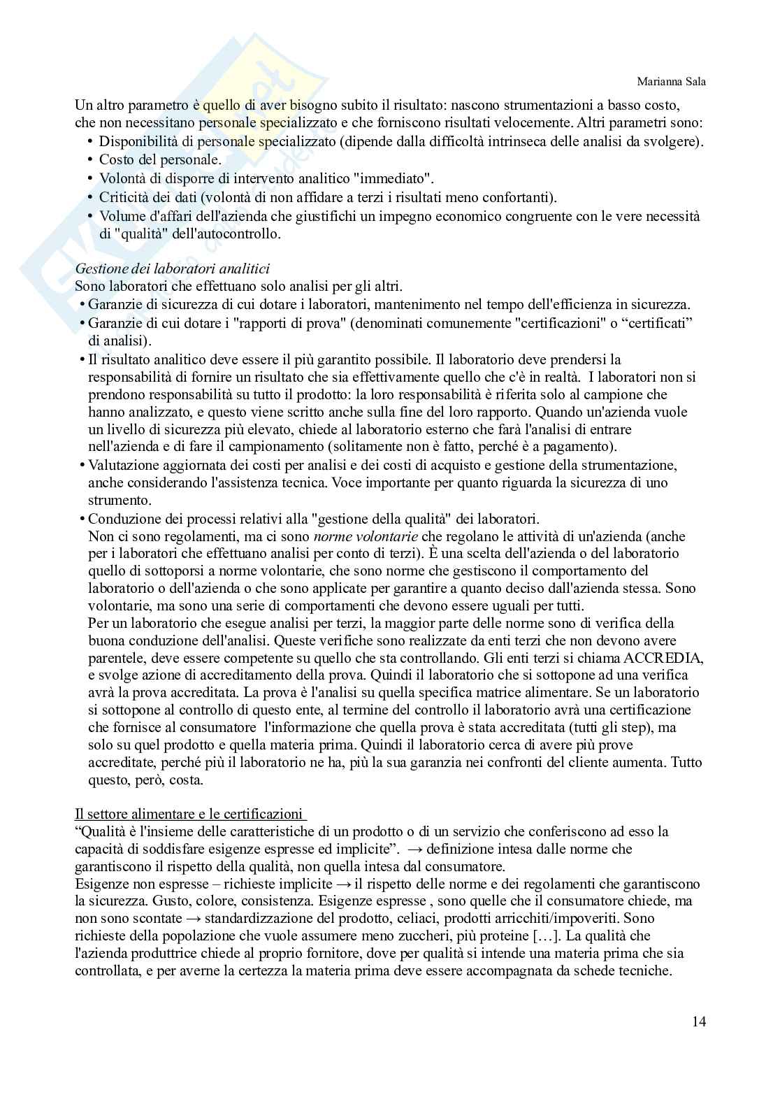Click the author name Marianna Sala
(x=672, y=82)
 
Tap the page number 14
(x=699, y=1021)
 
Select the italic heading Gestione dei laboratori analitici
(x=172, y=268)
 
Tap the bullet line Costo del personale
(x=160, y=160)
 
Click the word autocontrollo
(x=238, y=234)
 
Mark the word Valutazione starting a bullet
(x=123, y=465)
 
